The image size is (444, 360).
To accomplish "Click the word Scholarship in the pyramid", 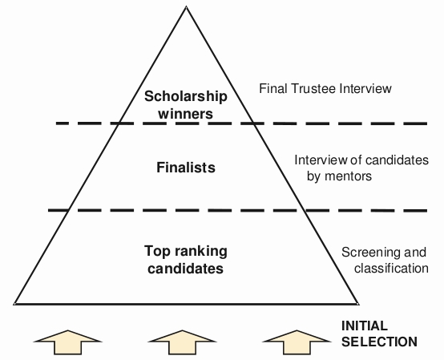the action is [x=185, y=96].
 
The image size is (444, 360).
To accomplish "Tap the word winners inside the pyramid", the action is [x=185, y=114].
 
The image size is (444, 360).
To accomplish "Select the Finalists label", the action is [x=186, y=167].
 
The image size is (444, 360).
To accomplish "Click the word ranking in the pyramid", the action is [x=201, y=252].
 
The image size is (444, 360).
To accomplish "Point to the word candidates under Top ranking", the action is [x=185, y=269].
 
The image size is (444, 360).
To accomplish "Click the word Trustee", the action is [x=314, y=88].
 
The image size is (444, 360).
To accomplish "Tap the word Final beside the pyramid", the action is [x=273, y=88].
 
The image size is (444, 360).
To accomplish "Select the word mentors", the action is [x=348, y=176].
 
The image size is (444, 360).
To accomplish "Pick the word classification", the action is [x=391, y=268].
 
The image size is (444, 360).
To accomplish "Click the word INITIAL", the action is [x=365, y=326].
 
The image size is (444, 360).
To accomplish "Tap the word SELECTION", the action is [x=379, y=342].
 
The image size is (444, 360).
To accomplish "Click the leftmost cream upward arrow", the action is [x=67, y=342].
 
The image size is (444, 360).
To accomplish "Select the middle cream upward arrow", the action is [x=183, y=342].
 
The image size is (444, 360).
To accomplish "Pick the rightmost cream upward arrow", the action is [x=297, y=342].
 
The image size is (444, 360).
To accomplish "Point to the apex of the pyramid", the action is [x=186, y=6].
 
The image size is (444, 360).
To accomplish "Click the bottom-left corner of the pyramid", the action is [x=14, y=304].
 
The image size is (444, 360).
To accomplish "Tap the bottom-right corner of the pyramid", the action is [x=358, y=304].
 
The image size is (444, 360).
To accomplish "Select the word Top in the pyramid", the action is [x=158, y=252].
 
